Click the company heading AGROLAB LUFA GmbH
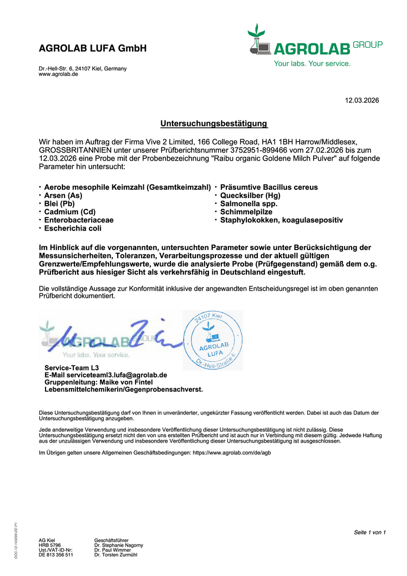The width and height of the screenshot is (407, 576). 93,48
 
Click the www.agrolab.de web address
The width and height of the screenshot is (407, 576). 58,74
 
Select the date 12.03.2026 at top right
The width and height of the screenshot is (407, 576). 362,100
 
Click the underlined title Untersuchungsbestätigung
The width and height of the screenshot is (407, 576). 214,124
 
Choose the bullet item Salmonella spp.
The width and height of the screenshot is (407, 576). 249,203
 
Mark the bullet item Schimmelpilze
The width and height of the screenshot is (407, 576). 246,212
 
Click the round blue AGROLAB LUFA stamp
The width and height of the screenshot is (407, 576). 212,340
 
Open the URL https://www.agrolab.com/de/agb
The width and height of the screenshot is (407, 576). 232,452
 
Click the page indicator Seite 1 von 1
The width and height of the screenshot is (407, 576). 370,532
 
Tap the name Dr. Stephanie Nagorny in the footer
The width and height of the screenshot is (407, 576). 118,545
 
